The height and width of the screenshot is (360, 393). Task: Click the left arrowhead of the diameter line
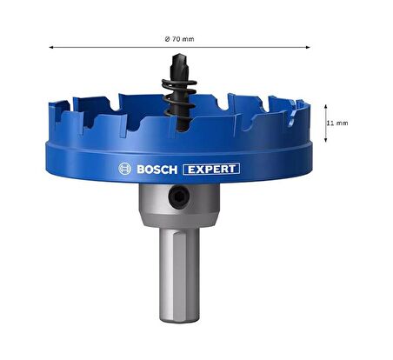point(52,48)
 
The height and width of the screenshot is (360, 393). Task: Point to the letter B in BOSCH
point(140,169)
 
